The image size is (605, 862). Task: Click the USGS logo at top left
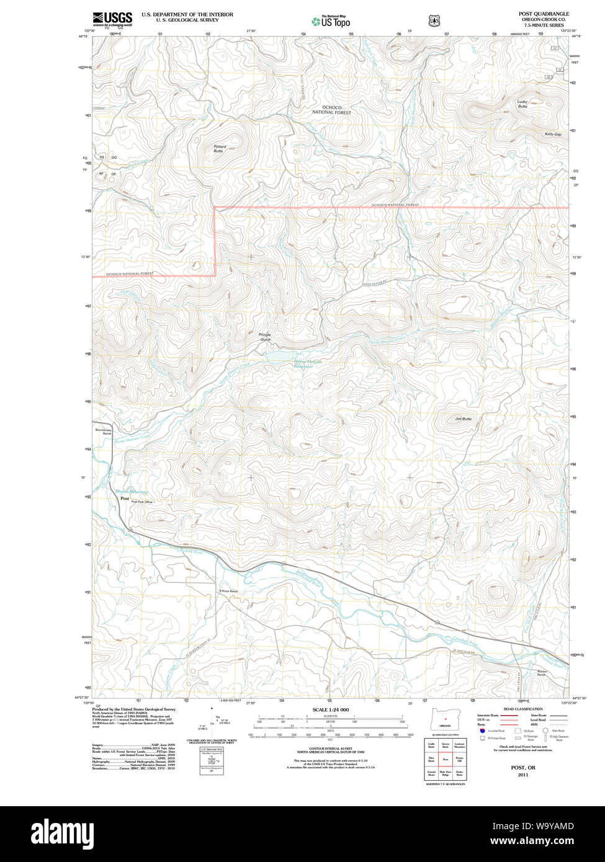tap(112, 18)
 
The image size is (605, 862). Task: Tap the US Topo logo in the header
tap(331, 21)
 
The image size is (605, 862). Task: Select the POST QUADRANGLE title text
tap(544, 14)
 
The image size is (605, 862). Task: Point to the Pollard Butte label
tap(219, 149)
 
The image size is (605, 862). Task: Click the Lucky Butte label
tap(522, 104)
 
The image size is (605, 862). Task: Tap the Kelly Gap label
tap(552, 134)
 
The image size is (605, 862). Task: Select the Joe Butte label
tap(463, 419)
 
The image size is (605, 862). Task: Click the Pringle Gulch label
tap(265, 337)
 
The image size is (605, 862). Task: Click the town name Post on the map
tap(125, 499)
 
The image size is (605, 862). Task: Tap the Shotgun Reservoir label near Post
tap(132, 492)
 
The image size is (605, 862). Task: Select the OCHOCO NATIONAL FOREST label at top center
tap(331, 110)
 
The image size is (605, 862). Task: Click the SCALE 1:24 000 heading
tap(330, 709)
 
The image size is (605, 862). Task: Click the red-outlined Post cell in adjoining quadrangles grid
tap(445, 758)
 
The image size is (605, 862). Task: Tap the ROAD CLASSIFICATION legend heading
tap(523, 709)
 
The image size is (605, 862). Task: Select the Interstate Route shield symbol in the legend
tap(482, 732)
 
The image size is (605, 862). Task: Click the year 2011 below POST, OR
tap(523, 775)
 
